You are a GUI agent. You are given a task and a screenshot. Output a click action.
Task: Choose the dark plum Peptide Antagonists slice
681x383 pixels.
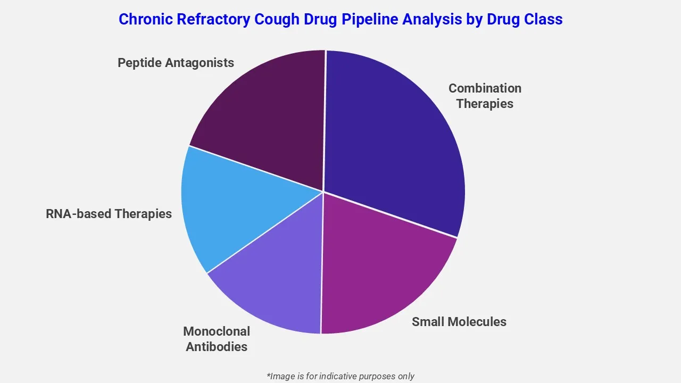pos(266,117)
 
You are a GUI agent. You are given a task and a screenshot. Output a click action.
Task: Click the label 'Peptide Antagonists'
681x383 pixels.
pos(176,63)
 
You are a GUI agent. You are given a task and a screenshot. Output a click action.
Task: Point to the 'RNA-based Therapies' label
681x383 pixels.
pos(109,214)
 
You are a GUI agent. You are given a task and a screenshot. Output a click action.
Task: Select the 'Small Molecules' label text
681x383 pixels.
pos(459,322)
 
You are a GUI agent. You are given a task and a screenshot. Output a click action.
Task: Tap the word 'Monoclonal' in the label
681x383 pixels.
pos(216,331)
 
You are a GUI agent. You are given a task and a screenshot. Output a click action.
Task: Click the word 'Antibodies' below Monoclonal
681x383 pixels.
pos(216,347)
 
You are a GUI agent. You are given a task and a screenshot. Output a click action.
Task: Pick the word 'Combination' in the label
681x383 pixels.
pos(485,88)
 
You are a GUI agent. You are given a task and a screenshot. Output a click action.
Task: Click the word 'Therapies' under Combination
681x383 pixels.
pos(485,104)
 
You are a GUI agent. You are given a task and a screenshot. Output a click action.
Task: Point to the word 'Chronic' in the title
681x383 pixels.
pos(144,20)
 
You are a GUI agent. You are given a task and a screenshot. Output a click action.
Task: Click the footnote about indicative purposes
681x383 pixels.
pos(340,376)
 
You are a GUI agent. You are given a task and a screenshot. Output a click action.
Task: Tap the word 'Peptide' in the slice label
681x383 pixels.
pos(139,63)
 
